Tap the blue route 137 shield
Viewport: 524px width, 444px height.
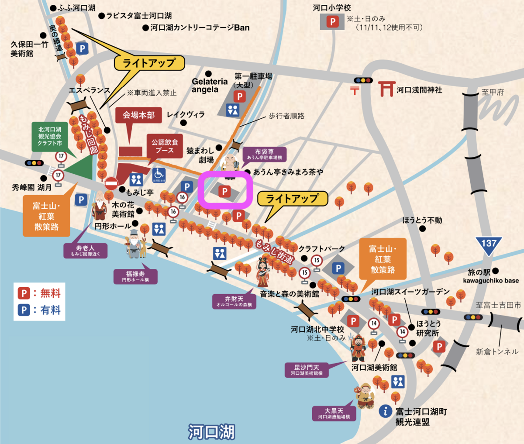[489, 244]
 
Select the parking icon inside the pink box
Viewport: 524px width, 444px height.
[224, 192]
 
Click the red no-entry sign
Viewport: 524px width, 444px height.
[111, 183]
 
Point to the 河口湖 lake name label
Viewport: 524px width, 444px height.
[212, 432]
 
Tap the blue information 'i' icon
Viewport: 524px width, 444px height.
[385, 411]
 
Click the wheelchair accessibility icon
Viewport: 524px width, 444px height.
[159, 175]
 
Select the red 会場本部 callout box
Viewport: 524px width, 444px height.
[138, 115]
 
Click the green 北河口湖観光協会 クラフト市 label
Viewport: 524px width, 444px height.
[50, 136]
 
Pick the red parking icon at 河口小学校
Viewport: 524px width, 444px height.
[333, 21]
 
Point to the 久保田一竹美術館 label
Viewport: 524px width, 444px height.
[29, 49]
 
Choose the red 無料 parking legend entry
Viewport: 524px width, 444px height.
[39, 293]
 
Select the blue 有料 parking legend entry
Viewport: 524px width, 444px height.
[39, 310]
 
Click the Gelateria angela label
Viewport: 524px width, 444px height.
[210, 85]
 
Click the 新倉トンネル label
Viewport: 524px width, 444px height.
[497, 351]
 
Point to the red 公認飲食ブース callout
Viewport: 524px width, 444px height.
[165, 146]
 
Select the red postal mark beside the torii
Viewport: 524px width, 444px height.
[355, 90]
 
